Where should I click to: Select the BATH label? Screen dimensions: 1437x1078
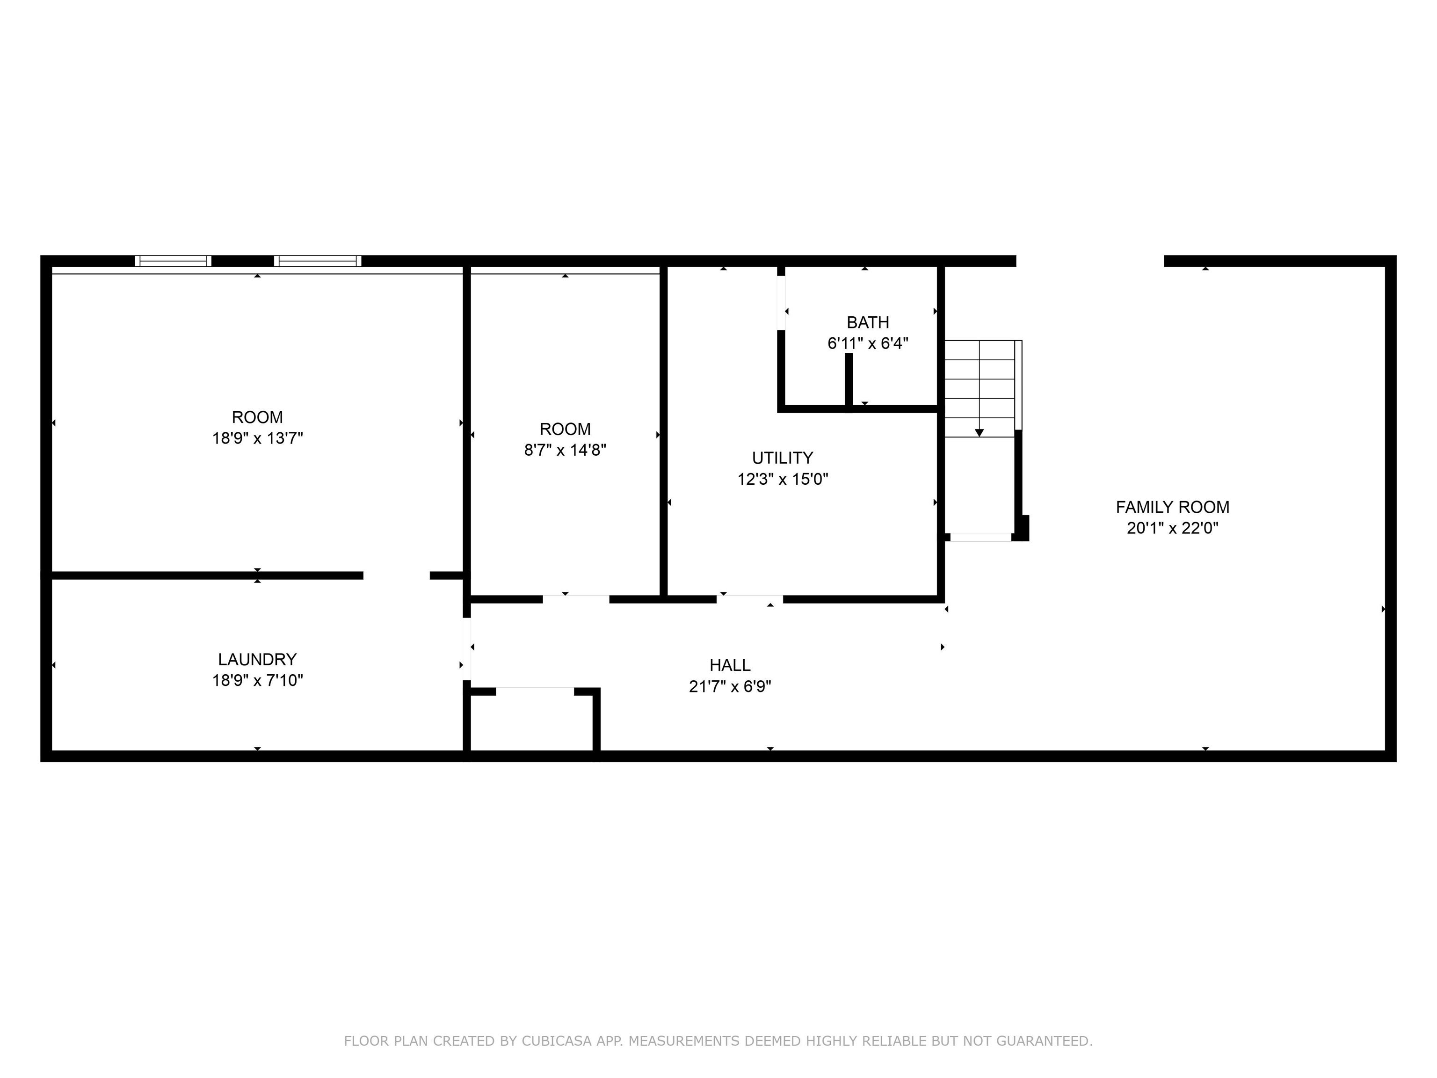[x=868, y=322]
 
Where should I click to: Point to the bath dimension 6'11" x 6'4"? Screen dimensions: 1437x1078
[x=868, y=343]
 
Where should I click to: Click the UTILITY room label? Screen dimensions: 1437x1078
[x=782, y=458]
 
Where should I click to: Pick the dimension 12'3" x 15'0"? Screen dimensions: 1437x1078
[x=782, y=479]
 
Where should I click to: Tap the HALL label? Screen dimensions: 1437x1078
[x=730, y=665]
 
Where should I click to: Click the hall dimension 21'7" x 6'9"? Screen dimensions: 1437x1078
[x=730, y=686]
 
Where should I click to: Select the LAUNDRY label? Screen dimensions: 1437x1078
[x=257, y=660]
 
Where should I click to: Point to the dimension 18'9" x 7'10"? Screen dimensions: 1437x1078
[x=257, y=680]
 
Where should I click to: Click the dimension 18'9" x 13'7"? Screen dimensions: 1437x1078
[x=257, y=438]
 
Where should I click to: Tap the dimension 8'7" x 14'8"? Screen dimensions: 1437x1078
[x=565, y=450]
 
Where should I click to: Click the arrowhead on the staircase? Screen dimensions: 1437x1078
[x=979, y=433]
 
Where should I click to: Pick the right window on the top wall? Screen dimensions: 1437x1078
[x=318, y=261]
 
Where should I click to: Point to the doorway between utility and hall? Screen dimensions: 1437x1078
[x=750, y=599]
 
